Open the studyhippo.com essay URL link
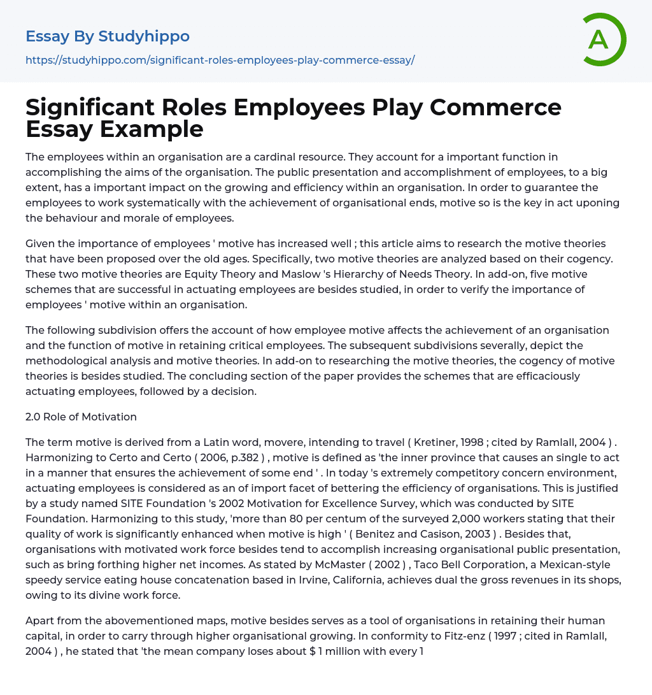[220, 61]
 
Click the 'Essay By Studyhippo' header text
[108, 36]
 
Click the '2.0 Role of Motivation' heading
[81, 417]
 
